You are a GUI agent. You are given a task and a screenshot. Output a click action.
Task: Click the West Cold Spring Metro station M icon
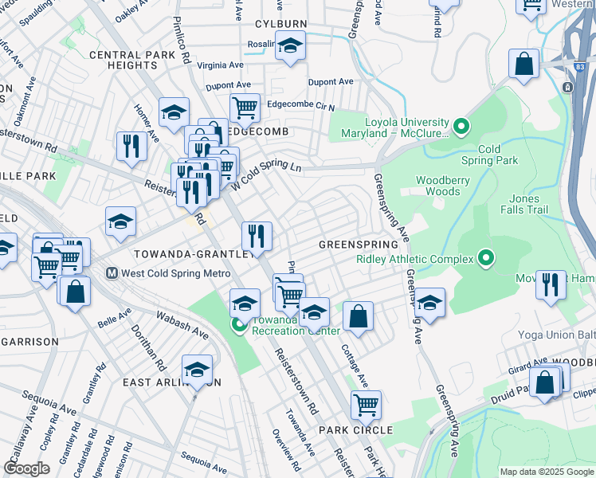click(x=112, y=273)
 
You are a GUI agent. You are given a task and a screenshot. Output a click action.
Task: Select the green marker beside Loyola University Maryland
click(x=460, y=127)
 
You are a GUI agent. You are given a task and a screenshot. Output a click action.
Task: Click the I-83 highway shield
click(x=567, y=86)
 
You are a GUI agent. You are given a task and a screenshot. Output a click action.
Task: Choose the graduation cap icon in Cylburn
click(x=291, y=47)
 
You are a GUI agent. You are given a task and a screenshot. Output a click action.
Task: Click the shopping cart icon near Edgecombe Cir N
click(x=245, y=107)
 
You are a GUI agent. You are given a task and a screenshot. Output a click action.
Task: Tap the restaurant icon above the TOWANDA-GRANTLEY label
click(x=257, y=235)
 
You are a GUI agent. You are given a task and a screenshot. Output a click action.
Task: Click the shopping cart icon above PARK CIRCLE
click(x=366, y=405)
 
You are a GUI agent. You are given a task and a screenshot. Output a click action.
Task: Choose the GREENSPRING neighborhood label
click(x=358, y=244)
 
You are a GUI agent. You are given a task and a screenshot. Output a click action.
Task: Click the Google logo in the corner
click(x=27, y=468)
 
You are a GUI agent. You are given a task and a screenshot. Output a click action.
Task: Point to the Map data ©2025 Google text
click(x=546, y=472)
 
